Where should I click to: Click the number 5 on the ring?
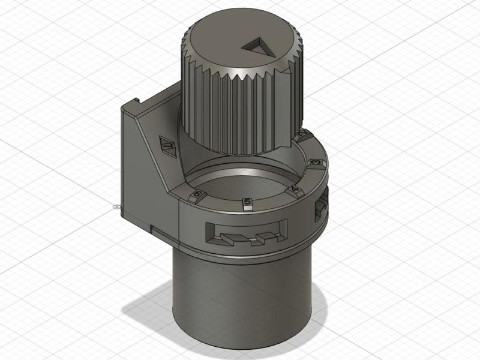click(246, 203)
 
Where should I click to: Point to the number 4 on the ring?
click(294, 190)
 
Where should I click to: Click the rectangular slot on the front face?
click(246, 232)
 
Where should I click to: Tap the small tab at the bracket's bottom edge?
click(155, 229)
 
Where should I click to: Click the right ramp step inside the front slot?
click(265, 236)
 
